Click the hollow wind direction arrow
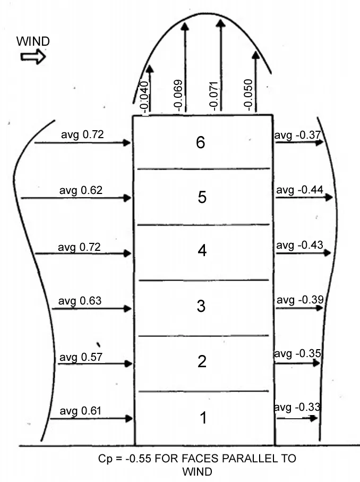33,57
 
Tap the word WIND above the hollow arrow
33,41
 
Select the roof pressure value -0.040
144,96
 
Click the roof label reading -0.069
178,95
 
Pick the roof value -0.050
248,95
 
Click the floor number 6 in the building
201,142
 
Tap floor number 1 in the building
203,418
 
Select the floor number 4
202,250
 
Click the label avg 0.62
81,190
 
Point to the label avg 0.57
81,357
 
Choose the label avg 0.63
80,301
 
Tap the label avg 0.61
81,411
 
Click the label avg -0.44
299,190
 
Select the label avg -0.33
297,407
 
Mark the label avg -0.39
300,300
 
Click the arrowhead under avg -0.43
327,252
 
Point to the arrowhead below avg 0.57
128,363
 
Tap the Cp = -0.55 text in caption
125,458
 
